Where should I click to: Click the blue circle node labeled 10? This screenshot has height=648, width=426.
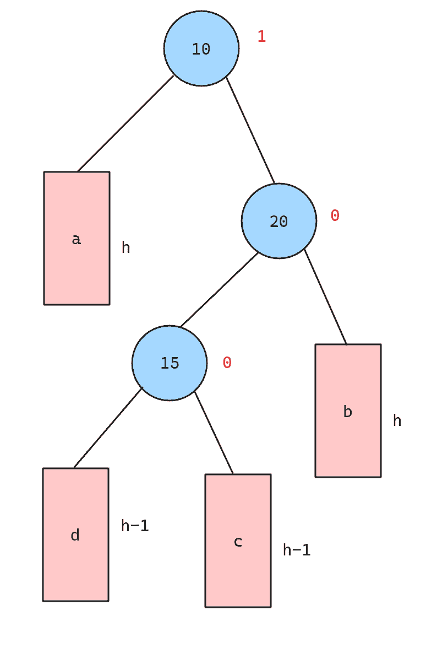(x=201, y=48)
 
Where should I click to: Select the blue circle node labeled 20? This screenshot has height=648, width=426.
(x=279, y=220)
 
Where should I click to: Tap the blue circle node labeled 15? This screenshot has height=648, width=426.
(x=170, y=363)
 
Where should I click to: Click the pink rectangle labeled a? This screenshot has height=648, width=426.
(x=77, y=238)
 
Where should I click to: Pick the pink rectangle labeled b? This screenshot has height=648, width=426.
(x=348, y=411)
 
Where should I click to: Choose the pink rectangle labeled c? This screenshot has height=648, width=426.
(x=238, y=541)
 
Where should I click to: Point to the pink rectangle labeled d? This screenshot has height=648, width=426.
(x=75, y=534)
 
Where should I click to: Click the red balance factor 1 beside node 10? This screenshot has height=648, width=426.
(x=262, y=36)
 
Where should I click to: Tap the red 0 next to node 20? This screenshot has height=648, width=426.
(x=335, y=215)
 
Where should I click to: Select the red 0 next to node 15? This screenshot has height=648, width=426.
(x=227, y=363)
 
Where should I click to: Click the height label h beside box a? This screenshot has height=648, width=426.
(x=126, y=247)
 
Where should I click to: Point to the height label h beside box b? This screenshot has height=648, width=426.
(x=397, y=420)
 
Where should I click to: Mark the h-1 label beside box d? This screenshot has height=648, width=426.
(x=135, y=526)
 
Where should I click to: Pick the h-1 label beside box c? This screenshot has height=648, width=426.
(x=297, y=550)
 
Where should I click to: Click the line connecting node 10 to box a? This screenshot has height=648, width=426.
(x=125, y=123)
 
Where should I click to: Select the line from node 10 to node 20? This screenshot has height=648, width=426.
(x=250, y=130)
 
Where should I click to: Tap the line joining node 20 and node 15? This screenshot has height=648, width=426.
(x=219, y=290)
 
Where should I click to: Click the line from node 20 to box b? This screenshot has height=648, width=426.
(x=326, y=296)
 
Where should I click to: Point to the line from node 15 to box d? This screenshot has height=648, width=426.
(x=108, y=428)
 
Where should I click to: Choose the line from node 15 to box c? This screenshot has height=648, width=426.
(x=214, y=432)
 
